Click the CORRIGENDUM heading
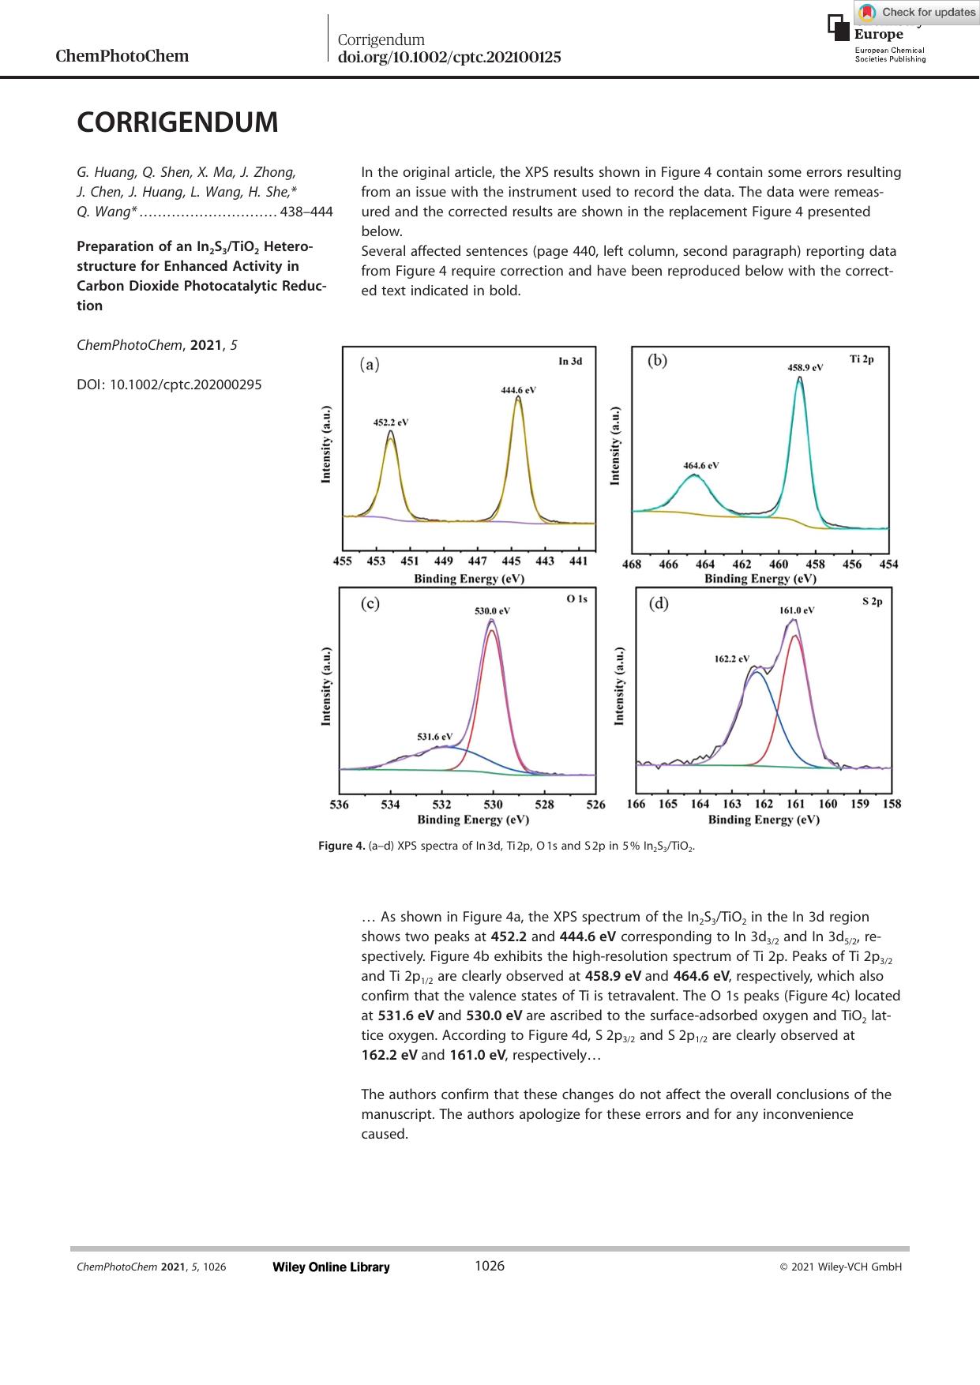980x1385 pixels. point(178,123)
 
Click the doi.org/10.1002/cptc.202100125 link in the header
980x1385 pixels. point(449,57)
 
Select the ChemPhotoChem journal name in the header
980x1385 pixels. point(122,56)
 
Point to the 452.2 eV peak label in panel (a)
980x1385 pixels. point(390,422)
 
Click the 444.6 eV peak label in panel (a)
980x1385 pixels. point(519,390)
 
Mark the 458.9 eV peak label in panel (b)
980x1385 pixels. point(805,368)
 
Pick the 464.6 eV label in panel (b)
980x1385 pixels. point(700,466)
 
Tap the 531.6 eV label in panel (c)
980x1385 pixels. point(434,737)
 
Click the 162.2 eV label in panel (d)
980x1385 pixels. point(732,659)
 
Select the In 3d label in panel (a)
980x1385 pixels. point(570,362)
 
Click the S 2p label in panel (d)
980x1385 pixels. point(872,602)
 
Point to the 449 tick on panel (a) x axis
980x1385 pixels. point(444,561)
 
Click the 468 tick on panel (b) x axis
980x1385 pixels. point(632,565)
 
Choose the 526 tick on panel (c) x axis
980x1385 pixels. point(596,805)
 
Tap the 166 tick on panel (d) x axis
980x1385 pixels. point(636,804)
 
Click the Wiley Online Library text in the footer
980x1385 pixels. point(331,1267)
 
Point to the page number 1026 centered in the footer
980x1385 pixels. point(489,1266)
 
